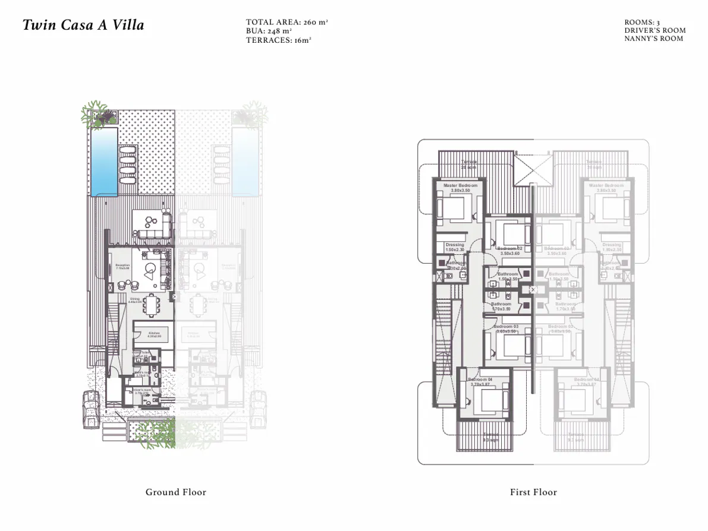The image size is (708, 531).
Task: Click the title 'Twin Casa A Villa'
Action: pos(83,26)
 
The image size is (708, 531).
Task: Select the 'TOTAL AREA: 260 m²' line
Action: pos(287,22)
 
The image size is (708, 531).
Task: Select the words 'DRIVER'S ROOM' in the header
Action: pos(654,30)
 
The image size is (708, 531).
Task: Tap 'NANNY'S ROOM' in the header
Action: pos(653,39)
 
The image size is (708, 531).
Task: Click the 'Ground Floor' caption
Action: pos(176,492)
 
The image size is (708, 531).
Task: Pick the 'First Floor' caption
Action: pos(533,492)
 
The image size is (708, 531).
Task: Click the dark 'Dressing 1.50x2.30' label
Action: pos(455,247)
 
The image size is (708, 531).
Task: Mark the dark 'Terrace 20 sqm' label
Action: pos(469,165)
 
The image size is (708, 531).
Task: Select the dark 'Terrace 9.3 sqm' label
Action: pos(490,437)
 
